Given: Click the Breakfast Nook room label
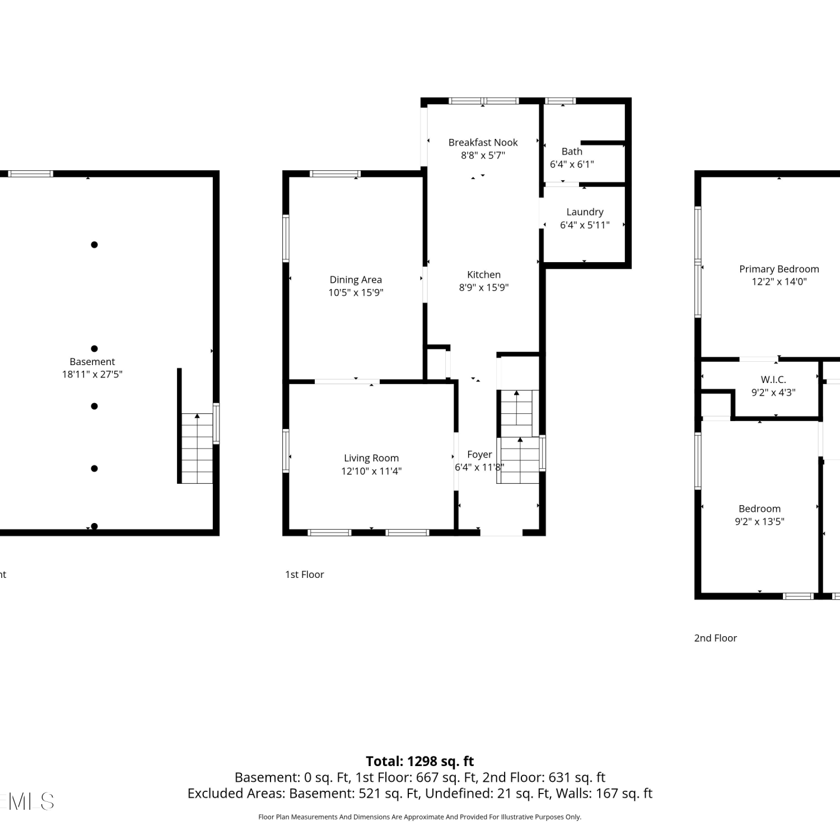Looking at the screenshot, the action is tap(483, 142).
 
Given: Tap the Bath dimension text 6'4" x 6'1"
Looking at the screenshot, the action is tap(572, 164).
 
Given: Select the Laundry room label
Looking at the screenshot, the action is tap(585, 212).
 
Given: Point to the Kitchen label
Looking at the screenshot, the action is tap(484, 274).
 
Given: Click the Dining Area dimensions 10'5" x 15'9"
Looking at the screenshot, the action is tap(356, 292).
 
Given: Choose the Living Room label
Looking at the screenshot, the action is tap(371, 458).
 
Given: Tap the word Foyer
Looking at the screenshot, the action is tap(479, 454).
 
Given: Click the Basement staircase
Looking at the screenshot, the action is tap(197, 448).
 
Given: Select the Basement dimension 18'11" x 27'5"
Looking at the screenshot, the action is tap(92, 374).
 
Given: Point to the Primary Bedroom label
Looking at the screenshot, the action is tap(779, 269).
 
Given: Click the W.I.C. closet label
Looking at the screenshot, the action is tap(773, 379).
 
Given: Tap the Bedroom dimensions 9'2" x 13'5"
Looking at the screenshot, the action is tap(759, 521).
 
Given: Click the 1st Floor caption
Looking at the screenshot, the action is tap(305, 574).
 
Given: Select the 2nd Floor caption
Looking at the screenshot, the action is tap(716, 638).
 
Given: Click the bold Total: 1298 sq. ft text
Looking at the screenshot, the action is tap(420, 761).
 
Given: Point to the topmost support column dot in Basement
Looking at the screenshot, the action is tap(94, 245).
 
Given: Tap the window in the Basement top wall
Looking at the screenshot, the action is tap(31, 174).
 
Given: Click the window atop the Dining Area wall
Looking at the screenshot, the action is tap(335, 174).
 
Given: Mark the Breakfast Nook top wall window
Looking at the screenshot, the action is tap(484, 101).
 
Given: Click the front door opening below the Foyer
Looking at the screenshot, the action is tap(501, 532).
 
